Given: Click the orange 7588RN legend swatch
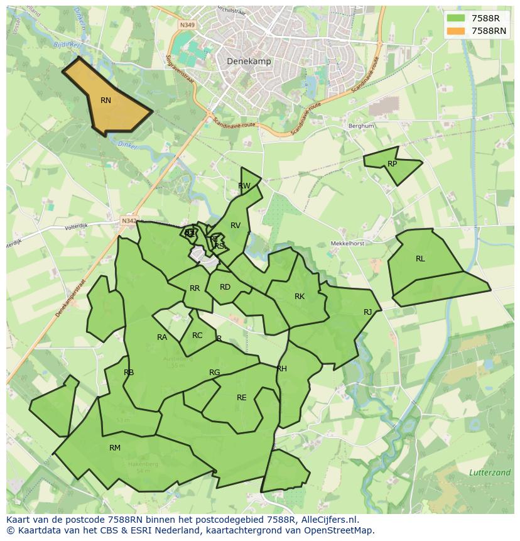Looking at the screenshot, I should [x=457, y=31].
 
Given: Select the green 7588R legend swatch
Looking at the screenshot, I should [x=457, y=18].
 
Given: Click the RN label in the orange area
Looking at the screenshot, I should [x=106, y=101].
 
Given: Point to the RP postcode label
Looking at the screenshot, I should [x=393, y=164].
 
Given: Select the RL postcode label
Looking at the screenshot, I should [x=420, y=259].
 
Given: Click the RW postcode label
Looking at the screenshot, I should [x=244, y=186].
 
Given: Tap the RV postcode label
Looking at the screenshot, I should [x=236, y=226].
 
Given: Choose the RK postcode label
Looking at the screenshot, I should [x=300, y=297].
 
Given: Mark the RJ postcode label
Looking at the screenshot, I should [x=368, y=312].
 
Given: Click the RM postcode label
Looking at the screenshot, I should [x=115, y=448].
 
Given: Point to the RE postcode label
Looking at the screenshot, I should [x=242, y=398].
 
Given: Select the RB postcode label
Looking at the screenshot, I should [x=129, y=373].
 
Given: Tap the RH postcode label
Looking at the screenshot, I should [x=282, y=369].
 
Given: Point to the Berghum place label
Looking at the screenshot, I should [x=361, y=126].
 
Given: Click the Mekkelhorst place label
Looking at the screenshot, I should [x=348, y=243].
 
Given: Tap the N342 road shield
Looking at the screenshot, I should [x=129, y=221].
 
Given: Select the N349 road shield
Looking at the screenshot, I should [x=187, y=25].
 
